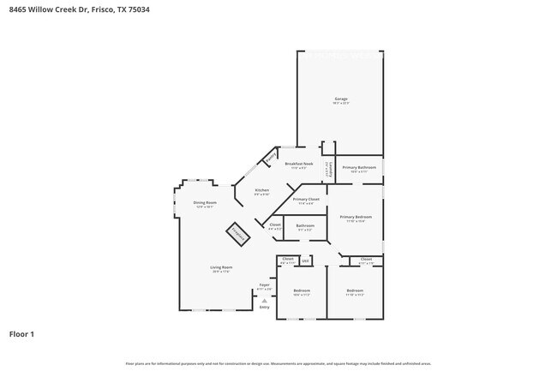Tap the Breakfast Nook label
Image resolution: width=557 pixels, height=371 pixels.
tap(299, 164)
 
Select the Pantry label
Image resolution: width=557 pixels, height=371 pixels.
tap(271, 158)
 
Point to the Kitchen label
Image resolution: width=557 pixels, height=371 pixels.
tap(262, 190)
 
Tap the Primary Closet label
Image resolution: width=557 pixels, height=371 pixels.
tap(306, 200)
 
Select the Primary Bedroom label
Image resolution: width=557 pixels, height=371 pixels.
tap(356, 218)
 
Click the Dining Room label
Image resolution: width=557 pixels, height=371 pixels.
tap(204, 203)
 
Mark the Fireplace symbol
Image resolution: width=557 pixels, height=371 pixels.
tap(237, 233)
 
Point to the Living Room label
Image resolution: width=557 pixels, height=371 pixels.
tap(222, 267)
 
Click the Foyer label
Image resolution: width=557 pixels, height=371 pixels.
tap(264, 285)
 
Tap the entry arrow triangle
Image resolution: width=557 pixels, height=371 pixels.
tap(264, 300)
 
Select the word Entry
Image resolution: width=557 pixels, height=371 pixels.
tap(264, 307)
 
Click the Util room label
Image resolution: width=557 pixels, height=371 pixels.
tap(305, 260)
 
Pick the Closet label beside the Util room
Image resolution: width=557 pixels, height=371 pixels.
tap(288, 259)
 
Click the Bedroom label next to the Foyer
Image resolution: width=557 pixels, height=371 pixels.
tap(302, 290)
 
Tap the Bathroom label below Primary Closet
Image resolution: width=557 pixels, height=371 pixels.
tap(305, 226)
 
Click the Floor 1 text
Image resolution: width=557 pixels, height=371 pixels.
tap(21, 333)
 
